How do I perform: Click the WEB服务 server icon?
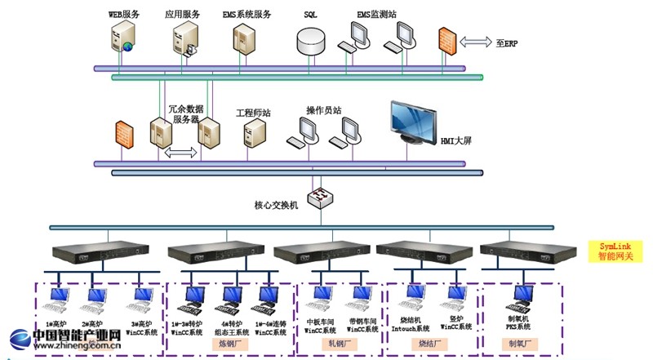[122, 38]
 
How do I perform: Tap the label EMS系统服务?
[247, 14]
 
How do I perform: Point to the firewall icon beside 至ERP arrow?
[446, 41]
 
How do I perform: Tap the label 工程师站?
[253, 113]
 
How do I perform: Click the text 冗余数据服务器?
[185, 113]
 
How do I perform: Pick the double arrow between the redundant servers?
[182, 152]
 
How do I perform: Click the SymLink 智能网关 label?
[616, 251]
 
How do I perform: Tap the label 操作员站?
[323, 110]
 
